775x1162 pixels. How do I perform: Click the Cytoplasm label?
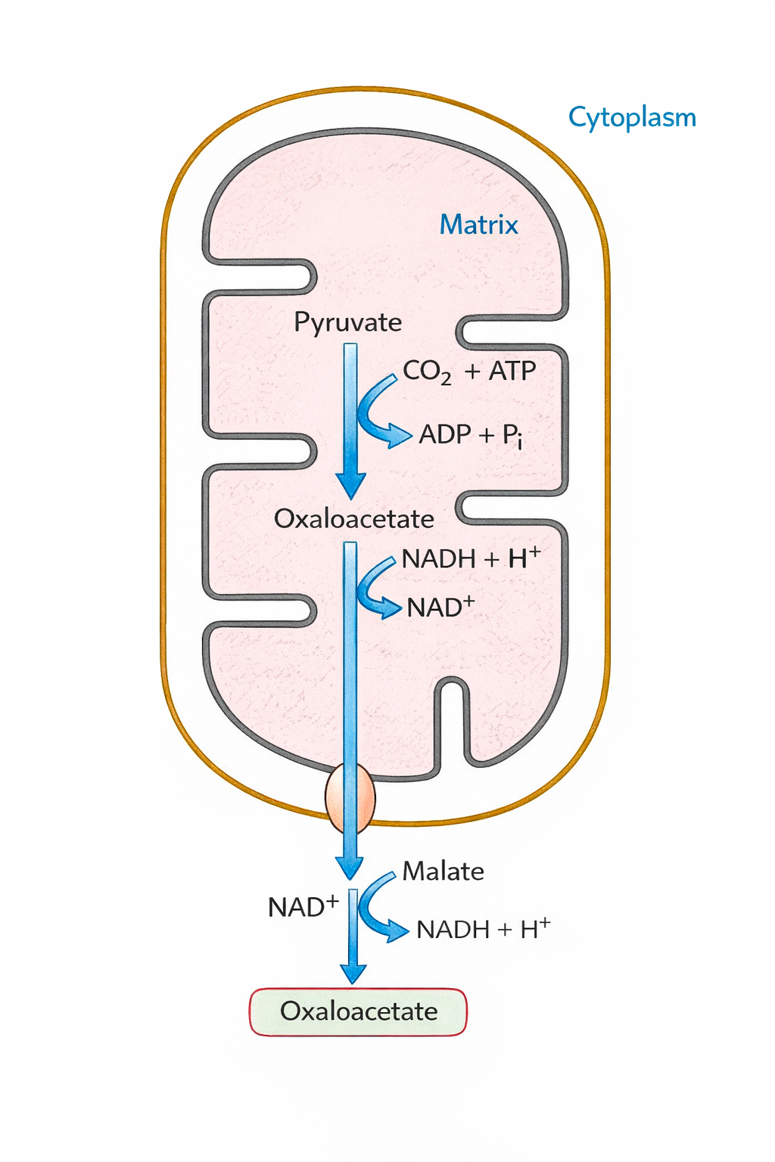point(632,118)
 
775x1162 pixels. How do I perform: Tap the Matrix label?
point(478,225)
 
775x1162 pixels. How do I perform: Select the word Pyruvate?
point(347,322)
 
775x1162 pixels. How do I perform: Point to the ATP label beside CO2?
point(512,371)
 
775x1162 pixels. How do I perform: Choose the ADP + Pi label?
point(470,435)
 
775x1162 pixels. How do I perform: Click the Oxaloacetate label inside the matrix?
point(353,519)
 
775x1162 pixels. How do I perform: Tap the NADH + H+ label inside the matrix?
point(471,558)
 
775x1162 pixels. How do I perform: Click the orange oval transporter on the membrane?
point(350,798)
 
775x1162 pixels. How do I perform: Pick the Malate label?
point(443,871)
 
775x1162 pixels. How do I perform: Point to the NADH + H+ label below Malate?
point(483,929)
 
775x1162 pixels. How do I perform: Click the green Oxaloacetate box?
point(358,1011)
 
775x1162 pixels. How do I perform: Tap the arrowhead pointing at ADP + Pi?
point(400,437)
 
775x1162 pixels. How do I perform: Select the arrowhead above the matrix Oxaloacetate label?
point(350,485)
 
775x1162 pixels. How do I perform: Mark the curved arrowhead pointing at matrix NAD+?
point(389,607)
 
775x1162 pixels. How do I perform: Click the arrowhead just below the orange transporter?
point(350,867)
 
